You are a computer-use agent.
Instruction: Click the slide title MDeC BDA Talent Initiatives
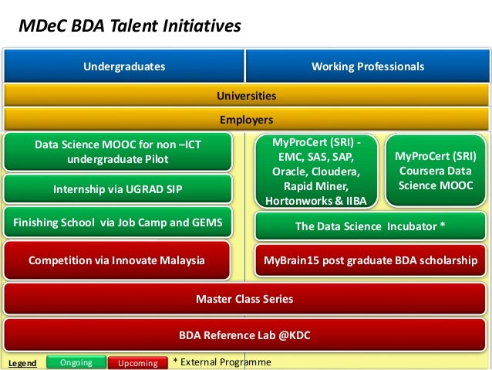click(130, 25)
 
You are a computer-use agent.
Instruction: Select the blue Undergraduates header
click(124, 66)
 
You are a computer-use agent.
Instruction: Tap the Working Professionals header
click(367, 66)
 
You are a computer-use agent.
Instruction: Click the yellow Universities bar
click(246, 95)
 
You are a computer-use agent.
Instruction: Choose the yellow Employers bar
click(246, 120)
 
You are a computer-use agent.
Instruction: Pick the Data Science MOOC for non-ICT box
click(118, 152)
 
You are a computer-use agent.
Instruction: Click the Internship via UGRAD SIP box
click(118, 189)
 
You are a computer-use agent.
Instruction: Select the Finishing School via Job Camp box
click(118, 222)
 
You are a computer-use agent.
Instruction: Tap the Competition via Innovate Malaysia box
click(116, 260)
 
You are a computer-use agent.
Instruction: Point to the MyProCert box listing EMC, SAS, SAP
click(316, 171)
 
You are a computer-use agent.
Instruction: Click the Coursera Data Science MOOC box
click(436, 171)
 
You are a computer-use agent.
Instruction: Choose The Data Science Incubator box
click(370, 226)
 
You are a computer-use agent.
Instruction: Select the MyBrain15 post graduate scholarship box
click(370, 260)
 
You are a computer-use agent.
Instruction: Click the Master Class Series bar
click(244, 299)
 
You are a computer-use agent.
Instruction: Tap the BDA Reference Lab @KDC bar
click(244, 335)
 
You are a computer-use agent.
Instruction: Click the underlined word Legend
click(22, 363)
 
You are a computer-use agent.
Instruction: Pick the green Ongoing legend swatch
click(76, 362)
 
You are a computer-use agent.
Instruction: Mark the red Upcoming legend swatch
click(138, 363)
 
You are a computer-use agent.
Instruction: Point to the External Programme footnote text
click(222, 362)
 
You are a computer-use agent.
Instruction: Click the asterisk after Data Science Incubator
click(443, 225)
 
